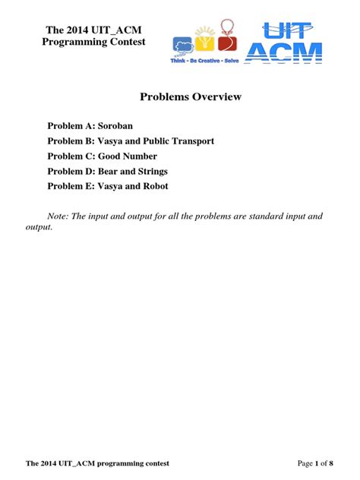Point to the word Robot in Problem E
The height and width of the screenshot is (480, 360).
(x=153, y=186)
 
